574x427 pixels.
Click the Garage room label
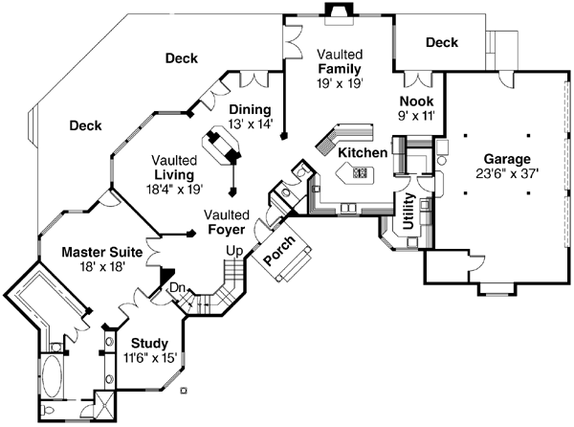tap(506, 159)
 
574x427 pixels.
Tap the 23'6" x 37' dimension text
tap(506, 174)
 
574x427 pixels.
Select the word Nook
tap(416, 101)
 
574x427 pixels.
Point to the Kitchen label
tap(363, 152)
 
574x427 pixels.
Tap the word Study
tap(150, 343)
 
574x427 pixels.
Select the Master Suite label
tap(102, 252)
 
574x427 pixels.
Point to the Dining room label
tap(250, 109)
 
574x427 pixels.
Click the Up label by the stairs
tap(232, 250)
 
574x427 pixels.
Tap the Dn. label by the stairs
tap(177, 287)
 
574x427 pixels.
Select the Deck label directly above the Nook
tap(441, 42)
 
